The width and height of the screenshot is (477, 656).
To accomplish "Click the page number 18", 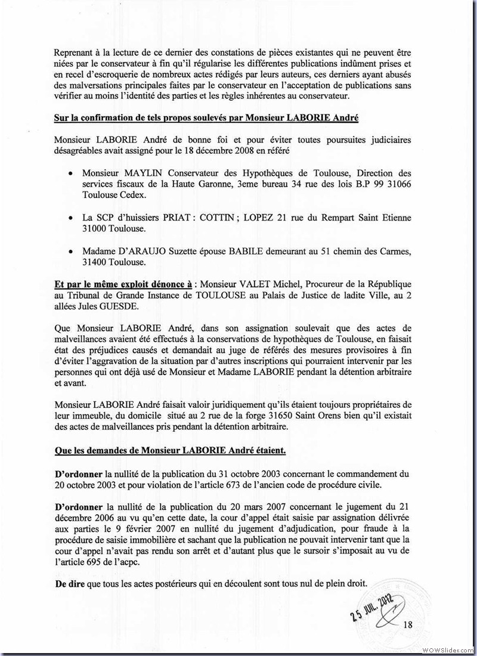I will [408, 624].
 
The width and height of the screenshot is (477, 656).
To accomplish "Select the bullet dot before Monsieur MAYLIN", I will [71, 171].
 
